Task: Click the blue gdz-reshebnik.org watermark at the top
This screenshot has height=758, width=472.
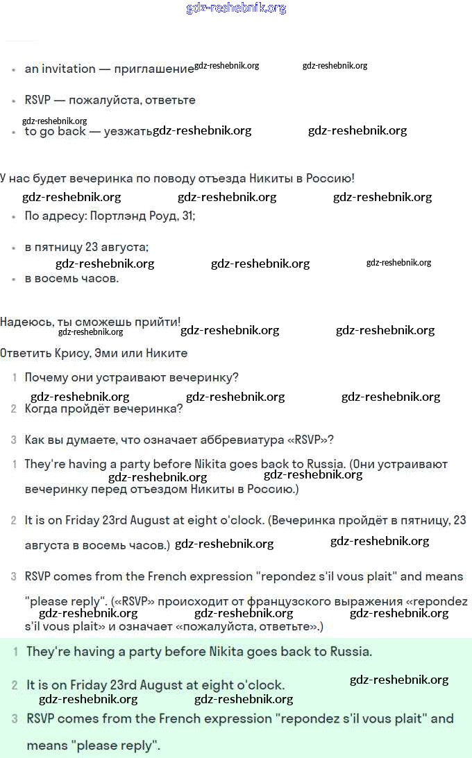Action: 236,8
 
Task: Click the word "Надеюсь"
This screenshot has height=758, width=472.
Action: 23,322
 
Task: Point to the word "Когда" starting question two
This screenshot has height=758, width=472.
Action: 43,408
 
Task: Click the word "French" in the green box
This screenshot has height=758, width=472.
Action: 178,718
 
